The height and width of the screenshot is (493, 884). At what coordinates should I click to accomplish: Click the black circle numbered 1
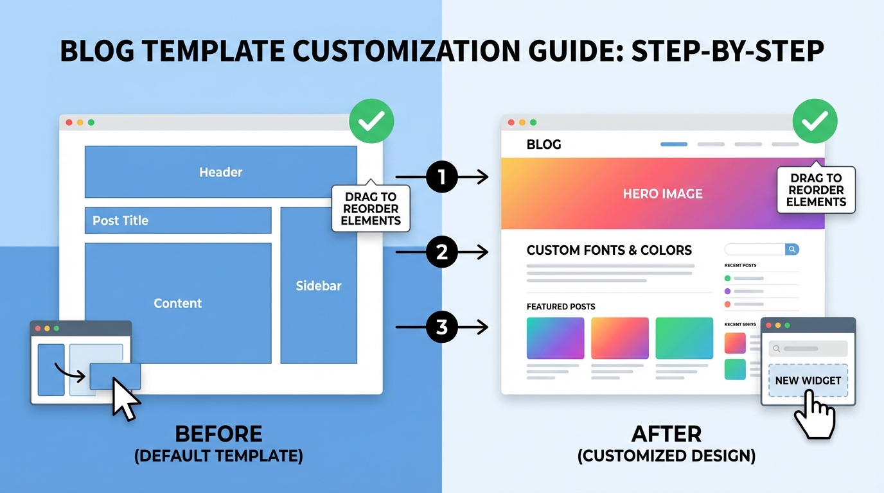[441, 177]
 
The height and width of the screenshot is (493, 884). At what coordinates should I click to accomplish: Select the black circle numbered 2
[441, 252]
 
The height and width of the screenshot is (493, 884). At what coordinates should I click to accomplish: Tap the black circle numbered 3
[441, 327]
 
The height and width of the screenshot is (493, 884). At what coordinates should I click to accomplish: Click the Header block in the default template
[220, 172]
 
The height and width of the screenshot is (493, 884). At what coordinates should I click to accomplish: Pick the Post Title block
[178, 220]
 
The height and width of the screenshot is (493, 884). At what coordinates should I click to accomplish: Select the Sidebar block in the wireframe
[319, 286]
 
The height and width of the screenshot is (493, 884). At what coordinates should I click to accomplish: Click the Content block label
[178, 304]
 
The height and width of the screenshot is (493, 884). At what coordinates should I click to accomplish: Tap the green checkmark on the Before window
[371, 121]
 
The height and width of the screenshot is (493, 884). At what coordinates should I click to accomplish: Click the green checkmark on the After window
[815, 121]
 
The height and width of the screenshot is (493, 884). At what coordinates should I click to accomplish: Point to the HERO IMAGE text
[662, 194]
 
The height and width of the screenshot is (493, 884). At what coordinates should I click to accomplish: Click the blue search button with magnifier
[792, 249]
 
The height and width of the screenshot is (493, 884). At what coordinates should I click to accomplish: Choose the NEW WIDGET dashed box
[808, 381]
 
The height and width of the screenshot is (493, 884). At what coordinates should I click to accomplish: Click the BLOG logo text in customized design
[544, 144]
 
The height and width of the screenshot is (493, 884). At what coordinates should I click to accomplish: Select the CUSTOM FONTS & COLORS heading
[609, 250]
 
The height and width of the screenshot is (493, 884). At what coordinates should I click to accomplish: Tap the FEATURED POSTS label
[561, 307]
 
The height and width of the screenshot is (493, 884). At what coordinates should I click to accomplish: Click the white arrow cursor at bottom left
[125, 397]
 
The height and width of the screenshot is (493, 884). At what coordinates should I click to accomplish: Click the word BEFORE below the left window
[218, 434]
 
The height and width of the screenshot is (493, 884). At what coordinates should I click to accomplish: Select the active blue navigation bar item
[674, 144]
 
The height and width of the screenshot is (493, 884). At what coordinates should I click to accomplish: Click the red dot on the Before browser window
[69, 123]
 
